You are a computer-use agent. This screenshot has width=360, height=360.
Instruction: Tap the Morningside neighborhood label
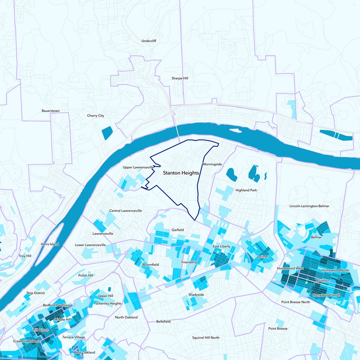pyautogui.click(x=212, y=164)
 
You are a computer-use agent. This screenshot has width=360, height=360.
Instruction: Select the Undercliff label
pyautogui.click(x=148, y=41)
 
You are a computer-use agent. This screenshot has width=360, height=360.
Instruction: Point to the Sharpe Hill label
pyautogui.click(x=180, y=78)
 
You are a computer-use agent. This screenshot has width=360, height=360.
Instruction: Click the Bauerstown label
pyautogui.click(x=50, y=111)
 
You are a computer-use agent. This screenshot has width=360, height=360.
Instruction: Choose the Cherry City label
pyautogui.click(x=95, y=116)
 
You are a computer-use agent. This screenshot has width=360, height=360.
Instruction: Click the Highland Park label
pyautogui.click(x=246, y=190)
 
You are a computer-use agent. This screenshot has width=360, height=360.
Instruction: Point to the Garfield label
pyautogui.click(x=178, y=230)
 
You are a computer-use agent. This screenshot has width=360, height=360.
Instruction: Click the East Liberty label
pyautogui.click(x=222, y=247)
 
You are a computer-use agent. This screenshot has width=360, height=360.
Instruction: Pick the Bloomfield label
pyautogui.click(x=150, y=265)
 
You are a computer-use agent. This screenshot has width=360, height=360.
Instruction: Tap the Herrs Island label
pyautogui.click(x=50, y=244)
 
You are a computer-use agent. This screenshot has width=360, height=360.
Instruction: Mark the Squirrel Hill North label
pyautogui.click(x=206, y=337)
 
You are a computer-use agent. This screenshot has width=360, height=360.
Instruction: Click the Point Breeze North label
pyautogui.click(x=296, y=302)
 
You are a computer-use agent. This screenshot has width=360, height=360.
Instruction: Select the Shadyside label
pyautogui.click(x=196, y=295)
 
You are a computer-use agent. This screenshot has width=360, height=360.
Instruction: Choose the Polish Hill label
pyautogui.click(x=85, y=275)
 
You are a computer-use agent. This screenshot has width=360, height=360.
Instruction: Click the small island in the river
pyautogui.click(x=235, y=130)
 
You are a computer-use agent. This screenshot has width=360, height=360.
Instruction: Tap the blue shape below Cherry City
pyautogui.click(x=107, y=133)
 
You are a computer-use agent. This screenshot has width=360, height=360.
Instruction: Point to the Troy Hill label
pyautogui.click(x=25, y=256)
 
